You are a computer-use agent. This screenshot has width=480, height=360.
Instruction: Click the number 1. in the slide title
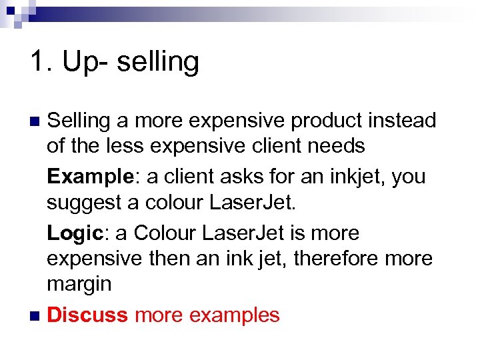coord(41,62)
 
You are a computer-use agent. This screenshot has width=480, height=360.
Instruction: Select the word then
coord(160,258)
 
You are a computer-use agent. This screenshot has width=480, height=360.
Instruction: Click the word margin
coord(79,285)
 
